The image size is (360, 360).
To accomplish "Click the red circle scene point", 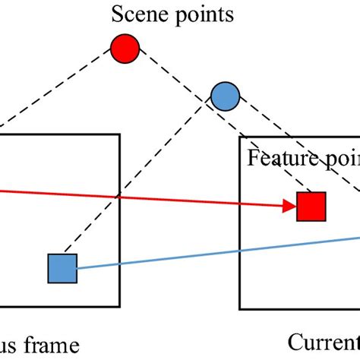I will (x=125, y=49).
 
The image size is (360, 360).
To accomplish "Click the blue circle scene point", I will (x=224, y=96).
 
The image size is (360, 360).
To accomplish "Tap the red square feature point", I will (x=311, y=205).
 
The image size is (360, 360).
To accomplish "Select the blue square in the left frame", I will (x=62, y=268).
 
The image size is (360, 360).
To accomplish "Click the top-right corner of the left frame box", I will (x=119, y=135).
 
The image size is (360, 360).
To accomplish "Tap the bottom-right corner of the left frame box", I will (x=119, y=307).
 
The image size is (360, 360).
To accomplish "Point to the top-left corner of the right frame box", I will (x=240, y=138).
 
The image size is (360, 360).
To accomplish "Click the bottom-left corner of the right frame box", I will (x=240, y=309).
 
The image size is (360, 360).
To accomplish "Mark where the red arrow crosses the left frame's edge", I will (x=119, y=196).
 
